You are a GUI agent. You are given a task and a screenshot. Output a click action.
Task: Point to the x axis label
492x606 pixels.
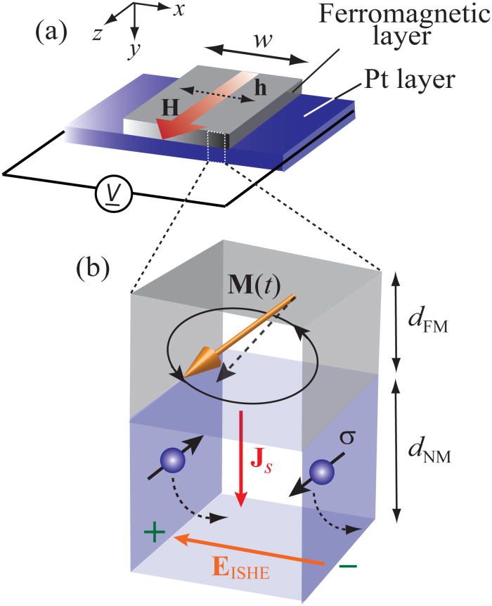[x=180, y=9]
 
